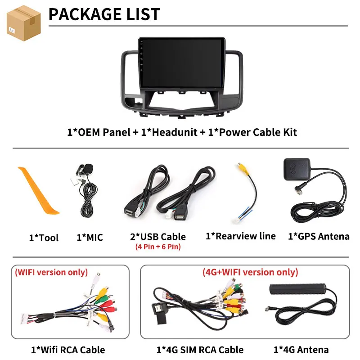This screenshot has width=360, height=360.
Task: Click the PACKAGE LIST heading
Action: point(104,14)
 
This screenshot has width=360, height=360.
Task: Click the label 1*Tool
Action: point(44,238)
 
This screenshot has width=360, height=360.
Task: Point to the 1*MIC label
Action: point(90,237)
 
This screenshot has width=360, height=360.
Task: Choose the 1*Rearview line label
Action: point(240,236)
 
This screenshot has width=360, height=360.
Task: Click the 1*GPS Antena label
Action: point(319,236)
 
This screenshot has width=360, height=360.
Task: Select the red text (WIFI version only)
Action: point(51,272)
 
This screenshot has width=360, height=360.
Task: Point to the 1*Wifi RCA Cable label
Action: point(68,350)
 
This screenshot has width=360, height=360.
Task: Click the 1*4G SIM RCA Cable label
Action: point(200,350)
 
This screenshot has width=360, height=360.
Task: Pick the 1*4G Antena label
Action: point(301,350)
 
